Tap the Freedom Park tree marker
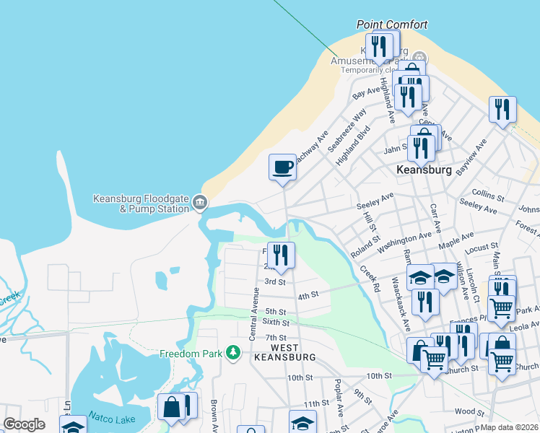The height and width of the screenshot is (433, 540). point(232,352)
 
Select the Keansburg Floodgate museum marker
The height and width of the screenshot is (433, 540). point(201,204)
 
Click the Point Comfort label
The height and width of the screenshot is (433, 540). point(392,25)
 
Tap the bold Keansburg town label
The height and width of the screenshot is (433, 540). point(424,170)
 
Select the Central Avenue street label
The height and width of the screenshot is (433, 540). point(254,312)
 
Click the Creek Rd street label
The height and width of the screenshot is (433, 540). point(371,279)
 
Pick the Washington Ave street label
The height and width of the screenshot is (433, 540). point(409,238)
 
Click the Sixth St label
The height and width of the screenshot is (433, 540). point(276,322)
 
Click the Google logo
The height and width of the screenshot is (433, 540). point(24,424)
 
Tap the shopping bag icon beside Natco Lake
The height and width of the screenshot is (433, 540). point(173,407)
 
